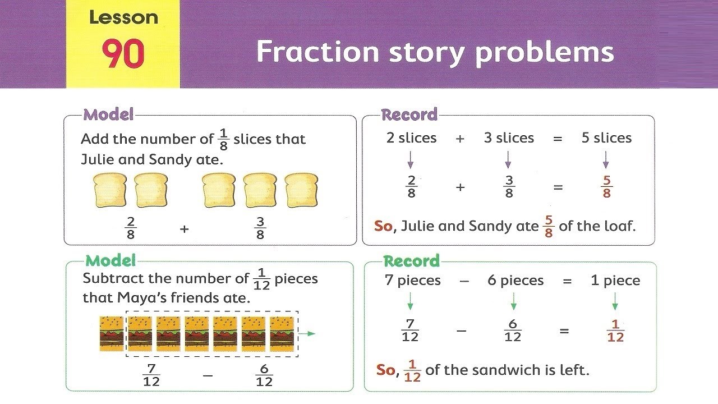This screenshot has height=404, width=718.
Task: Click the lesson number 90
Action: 123,54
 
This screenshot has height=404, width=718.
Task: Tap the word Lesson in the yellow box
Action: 123,17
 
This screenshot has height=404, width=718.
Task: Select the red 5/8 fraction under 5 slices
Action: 606,187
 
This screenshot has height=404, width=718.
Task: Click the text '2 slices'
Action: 411,138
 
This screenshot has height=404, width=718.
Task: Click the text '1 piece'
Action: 615,281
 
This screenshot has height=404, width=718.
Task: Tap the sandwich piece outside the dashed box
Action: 112,333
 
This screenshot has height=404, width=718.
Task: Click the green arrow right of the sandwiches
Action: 307,334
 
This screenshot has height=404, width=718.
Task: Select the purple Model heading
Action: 109,115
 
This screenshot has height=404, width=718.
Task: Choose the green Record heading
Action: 411,261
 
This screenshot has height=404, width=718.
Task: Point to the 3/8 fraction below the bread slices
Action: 260,228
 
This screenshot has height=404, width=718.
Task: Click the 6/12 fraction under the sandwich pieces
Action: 264,375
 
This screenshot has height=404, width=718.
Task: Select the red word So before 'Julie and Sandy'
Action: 383,226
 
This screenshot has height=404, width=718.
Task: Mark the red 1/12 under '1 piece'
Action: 615,331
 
